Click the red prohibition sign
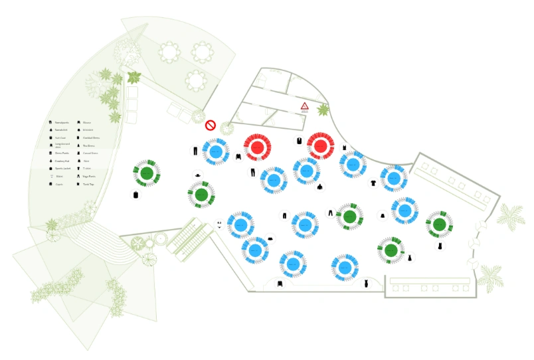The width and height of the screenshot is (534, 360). click(211, 125)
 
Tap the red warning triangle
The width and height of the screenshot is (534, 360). click(304, 106)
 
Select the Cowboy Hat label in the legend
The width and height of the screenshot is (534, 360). click(62, 161)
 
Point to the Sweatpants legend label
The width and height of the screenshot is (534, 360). click(62, 123)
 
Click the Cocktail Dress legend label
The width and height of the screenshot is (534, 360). click(91, 137)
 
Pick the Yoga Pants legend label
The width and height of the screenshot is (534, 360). click(89, 177)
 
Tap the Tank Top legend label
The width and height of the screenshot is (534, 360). click(88, 184)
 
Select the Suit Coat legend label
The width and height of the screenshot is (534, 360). click(60, 137)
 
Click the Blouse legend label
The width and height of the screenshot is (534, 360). click(87, 123)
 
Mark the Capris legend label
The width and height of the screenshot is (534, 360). click(58, 184)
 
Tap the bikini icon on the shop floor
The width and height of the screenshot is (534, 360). click(219, 224)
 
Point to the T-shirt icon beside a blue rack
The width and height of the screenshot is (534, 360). click(373, 182)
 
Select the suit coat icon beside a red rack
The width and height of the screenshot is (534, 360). click(300, 140)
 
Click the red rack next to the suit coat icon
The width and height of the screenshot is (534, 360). click(320, 145)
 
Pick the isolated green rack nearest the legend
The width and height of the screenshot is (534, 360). click(147, 173)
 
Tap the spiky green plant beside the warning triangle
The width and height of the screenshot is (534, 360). click(323, 110)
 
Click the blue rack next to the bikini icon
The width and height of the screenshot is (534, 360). click(240, 225)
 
